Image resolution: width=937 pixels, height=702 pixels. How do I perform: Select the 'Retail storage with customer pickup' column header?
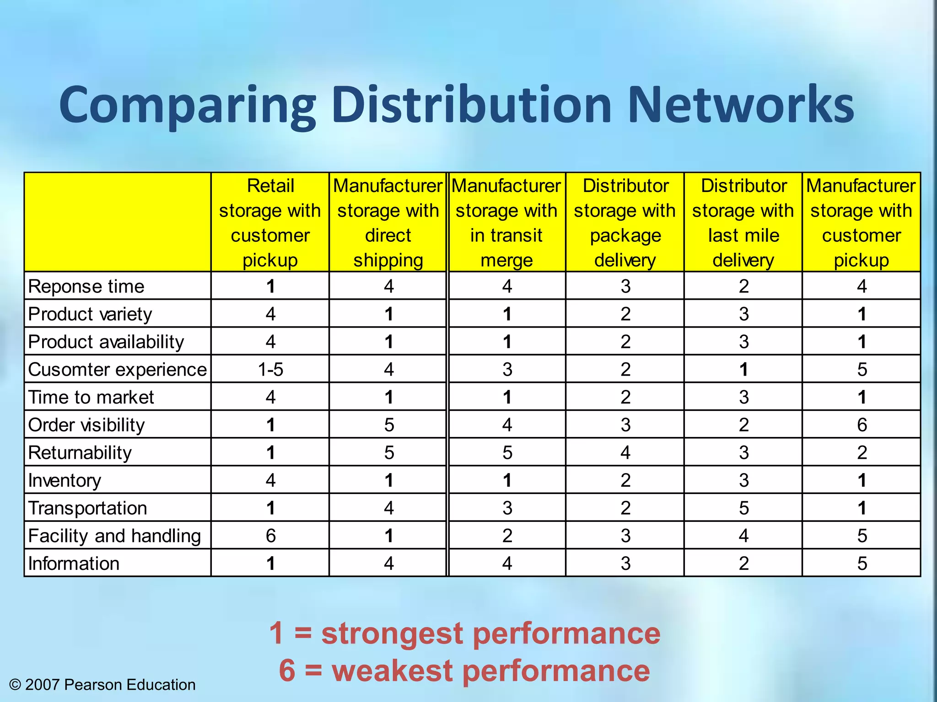coord(270,223)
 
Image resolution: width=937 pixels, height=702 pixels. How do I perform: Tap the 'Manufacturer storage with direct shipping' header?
coord(388,223)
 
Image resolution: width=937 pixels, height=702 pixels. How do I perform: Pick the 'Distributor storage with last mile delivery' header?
coord(743,223)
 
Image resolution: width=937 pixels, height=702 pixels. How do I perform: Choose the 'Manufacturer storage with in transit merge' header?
coord(506,223)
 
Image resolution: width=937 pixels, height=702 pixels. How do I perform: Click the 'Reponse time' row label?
coord(86,287)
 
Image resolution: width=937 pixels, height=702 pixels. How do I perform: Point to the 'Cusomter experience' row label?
coord(117,369)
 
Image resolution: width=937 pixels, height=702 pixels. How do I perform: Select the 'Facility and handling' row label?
coord(114,536)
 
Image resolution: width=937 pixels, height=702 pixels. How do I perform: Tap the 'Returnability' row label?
coord(80,452)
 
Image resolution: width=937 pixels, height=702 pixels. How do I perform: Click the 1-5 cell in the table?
coord(270,369)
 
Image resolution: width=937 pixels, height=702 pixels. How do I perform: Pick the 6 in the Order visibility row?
coord(862,425)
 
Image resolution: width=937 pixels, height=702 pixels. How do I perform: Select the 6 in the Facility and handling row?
coord(270,536)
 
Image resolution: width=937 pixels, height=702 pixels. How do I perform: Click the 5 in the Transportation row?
coord(743,508)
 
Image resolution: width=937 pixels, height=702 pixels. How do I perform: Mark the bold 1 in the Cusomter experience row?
coord(743,369)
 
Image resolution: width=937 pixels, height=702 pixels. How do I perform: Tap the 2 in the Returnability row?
coord(862,452)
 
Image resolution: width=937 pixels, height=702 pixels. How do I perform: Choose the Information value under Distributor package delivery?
coord(625,564)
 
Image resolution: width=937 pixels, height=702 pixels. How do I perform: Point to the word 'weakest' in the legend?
coord(393,670)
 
